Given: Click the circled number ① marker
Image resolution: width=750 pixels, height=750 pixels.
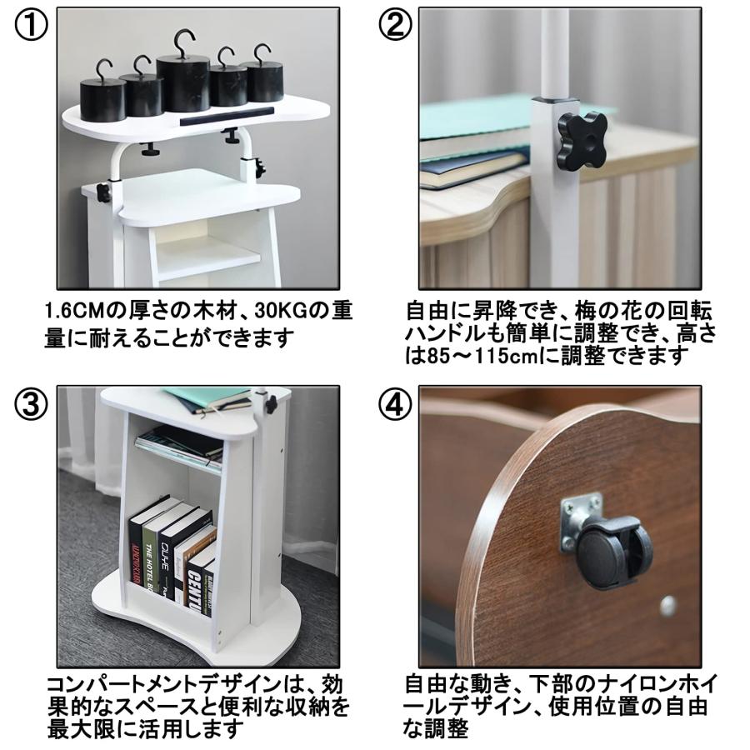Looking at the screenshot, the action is [x=31, y=25].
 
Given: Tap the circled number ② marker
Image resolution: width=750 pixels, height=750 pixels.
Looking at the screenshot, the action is [x=395, y=25].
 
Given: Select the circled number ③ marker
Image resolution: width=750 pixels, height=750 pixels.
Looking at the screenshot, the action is [x=31, y=404].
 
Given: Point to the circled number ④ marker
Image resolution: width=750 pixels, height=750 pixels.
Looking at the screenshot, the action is [x=395, y=404].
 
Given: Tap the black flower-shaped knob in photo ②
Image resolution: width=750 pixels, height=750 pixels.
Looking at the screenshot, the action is [x=582, y=138].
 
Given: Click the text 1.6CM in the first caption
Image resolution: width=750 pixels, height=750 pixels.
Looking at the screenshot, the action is [x=74, y=312].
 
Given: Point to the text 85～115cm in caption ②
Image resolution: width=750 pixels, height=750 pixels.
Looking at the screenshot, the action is [x=483, y=356].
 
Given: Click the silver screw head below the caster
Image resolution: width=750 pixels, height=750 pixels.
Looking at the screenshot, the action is [x=667, y=606].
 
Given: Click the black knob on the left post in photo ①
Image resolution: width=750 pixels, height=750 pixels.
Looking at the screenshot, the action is [x=102, y=192].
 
